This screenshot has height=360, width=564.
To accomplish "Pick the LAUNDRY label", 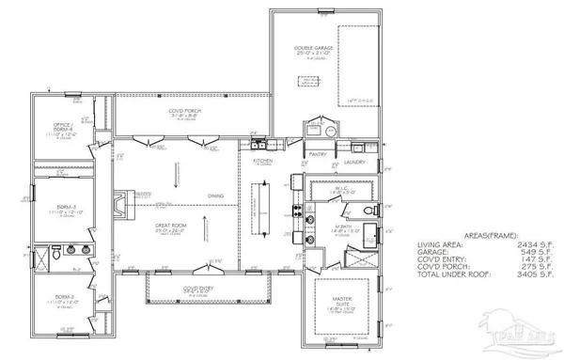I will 354,161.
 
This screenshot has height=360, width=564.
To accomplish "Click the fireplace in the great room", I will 117,203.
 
